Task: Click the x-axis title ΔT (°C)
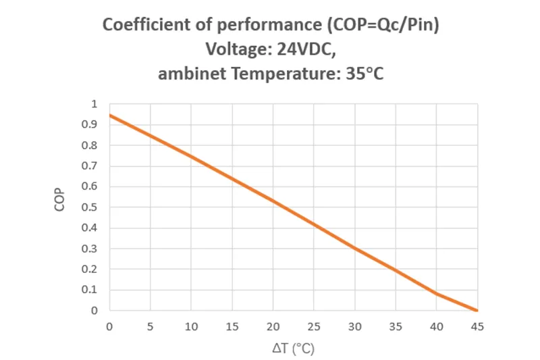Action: click(x=294, y=350)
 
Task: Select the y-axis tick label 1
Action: click(x=94, y=104)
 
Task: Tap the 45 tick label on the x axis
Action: click(x=478, y=327)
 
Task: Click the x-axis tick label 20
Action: click(x=273, y=327)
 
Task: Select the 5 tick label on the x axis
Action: click(x=151, y=327)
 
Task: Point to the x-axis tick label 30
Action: click(x=355, y=327)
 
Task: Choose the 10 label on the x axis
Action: click(x=191, y=327)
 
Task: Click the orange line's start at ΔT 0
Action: click(x=110, y=115)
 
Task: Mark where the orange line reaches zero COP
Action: click(x=477, y=311)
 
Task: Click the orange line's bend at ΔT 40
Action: click(x=437, y=294)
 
